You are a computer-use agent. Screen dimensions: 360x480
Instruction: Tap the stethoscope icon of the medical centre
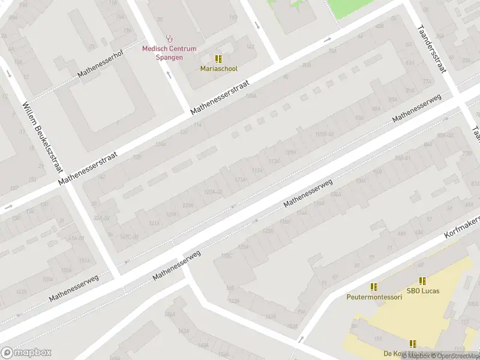(169, 38)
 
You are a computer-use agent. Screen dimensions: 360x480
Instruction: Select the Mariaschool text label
(218, 68)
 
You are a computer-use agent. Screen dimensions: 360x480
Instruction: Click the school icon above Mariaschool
(218, 59)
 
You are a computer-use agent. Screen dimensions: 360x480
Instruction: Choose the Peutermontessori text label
(373, 297)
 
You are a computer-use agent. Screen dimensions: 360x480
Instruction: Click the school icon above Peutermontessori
(373, 287)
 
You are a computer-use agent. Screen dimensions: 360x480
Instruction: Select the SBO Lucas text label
(422, 291)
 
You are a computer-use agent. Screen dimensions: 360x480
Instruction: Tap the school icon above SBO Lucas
(422, 281)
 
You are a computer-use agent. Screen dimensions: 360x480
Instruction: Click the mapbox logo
(26, 353)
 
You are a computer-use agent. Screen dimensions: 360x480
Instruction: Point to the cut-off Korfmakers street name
(463, 227)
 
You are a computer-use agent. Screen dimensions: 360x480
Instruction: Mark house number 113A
(274, 161)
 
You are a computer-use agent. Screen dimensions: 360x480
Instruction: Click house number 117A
(257, 171)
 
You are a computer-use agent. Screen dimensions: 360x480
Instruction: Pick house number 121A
(240, 180)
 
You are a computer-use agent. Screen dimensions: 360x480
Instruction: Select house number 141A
(154, 223)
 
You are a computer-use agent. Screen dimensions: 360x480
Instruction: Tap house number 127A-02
(214, 192)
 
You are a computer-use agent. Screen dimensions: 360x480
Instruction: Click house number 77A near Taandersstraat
(427, 81)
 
